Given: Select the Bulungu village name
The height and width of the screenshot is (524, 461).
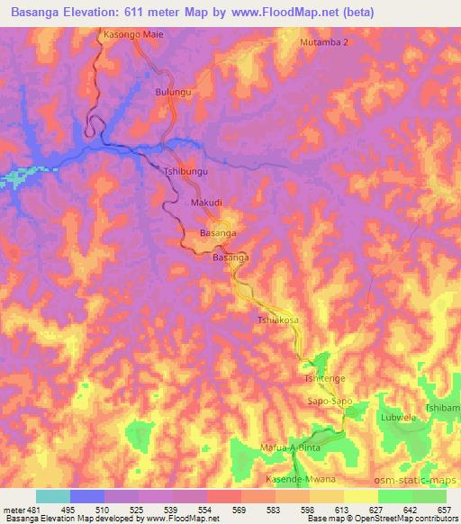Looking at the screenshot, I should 175,92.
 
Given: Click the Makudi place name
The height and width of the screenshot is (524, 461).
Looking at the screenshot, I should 206,203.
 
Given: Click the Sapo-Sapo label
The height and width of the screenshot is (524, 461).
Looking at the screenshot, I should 329,402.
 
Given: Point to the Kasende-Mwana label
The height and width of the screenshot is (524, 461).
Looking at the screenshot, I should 294,479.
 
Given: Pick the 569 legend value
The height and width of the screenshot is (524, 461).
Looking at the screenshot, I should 239,510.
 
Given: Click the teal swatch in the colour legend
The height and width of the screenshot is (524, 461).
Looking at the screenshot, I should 52,496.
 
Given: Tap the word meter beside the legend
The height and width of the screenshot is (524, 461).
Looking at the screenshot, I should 15,510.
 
